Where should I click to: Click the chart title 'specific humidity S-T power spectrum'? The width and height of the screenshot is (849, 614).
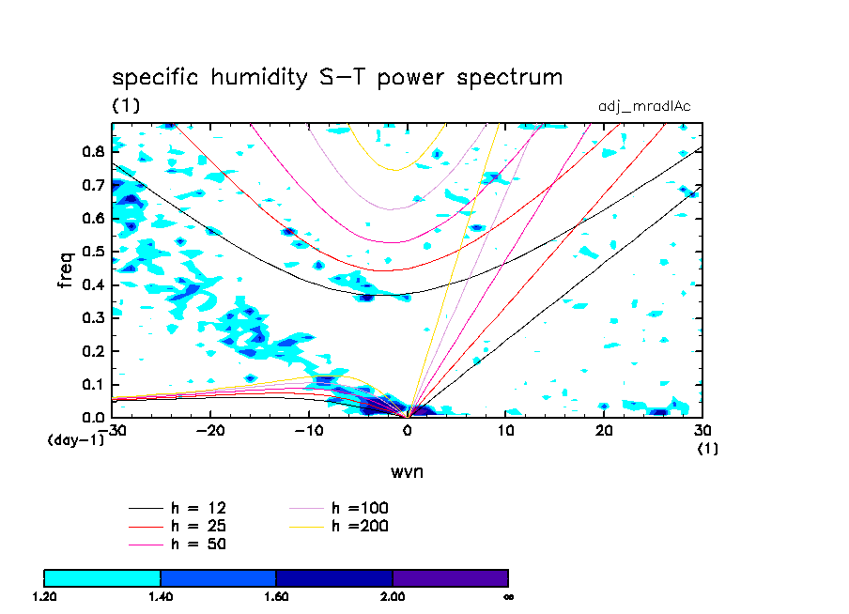pyautogui.click(x=337, y=77)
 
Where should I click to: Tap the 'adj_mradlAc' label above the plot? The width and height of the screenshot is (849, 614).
pyautogui.click(x=644, y=106)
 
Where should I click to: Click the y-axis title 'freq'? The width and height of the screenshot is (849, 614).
pyautogui.click(x=66, y=269)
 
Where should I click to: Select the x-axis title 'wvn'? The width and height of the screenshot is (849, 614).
pyautogui.click(x=407, y=471)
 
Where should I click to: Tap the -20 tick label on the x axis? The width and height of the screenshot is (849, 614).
pyautogui.click(x=210, y=431)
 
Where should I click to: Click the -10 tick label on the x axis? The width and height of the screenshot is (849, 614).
pyautogui.click(x=309, y=431)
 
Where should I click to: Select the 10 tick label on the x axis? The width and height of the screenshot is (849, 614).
pyautogui.click(x=505, y=431)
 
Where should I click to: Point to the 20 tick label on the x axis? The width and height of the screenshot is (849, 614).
pyautogui.click(x=604, y=431)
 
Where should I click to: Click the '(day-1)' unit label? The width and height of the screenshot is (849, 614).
pyautogui.click(x=75, y=439)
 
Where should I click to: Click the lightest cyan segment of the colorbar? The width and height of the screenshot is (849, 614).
pyautogui.click(x=102, y=577)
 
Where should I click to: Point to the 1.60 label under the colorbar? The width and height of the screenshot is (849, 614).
pyautogui.click(x=276, y=596)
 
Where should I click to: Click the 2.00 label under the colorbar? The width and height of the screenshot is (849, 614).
pyautogui.click(x=393, y=596)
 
